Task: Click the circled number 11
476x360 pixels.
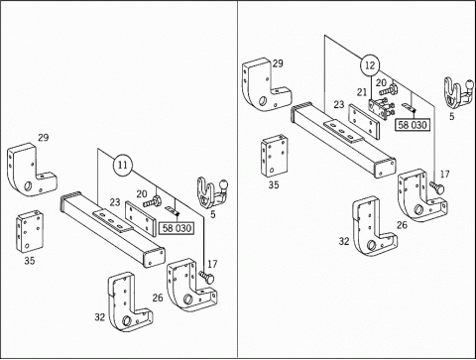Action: [x=123, y=165]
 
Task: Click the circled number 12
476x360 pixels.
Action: [x=370, y=64]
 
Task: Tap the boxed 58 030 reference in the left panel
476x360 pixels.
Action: [x=177, y=228]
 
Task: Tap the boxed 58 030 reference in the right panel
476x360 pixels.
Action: [x=413, y=125]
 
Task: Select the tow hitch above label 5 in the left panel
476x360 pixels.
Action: [x=212, y=192]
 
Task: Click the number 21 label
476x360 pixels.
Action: [x=362, y=92]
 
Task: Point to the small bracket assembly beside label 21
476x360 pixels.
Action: [x=381, y=108]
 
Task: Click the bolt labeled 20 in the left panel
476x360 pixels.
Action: [x=153, y=201]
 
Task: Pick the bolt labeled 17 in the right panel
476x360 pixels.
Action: [x=437, y=187]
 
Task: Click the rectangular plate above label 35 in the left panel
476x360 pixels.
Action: [x=30, y=232]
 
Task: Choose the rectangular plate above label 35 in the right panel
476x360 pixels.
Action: [x=274, y=156]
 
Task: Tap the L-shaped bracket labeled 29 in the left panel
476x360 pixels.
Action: [x=31, y=171]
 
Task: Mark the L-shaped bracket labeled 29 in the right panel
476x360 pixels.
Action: [x=266, y=85]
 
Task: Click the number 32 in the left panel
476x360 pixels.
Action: [x=100, y=317]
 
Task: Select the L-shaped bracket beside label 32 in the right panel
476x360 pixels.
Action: [x=374, y=227]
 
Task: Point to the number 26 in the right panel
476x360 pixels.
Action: [x=402, y=225]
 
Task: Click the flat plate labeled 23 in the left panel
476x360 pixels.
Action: [x=141, y=218]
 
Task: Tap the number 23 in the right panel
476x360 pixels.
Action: [x=339, y=104]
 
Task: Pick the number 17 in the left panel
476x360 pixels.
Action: [x=212, y=264]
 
